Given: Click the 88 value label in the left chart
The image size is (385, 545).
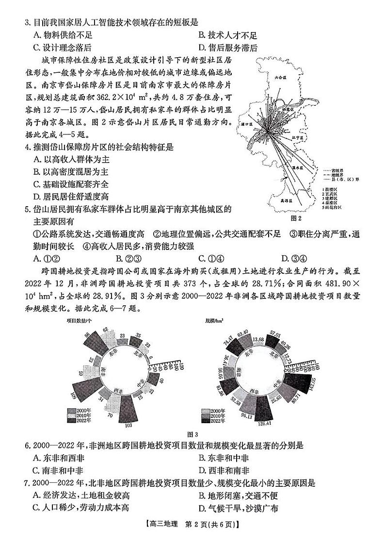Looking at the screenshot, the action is point(87,335).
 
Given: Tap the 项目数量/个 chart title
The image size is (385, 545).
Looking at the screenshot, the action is point(80,320).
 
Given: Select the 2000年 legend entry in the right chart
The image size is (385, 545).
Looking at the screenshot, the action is point(211,411).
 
